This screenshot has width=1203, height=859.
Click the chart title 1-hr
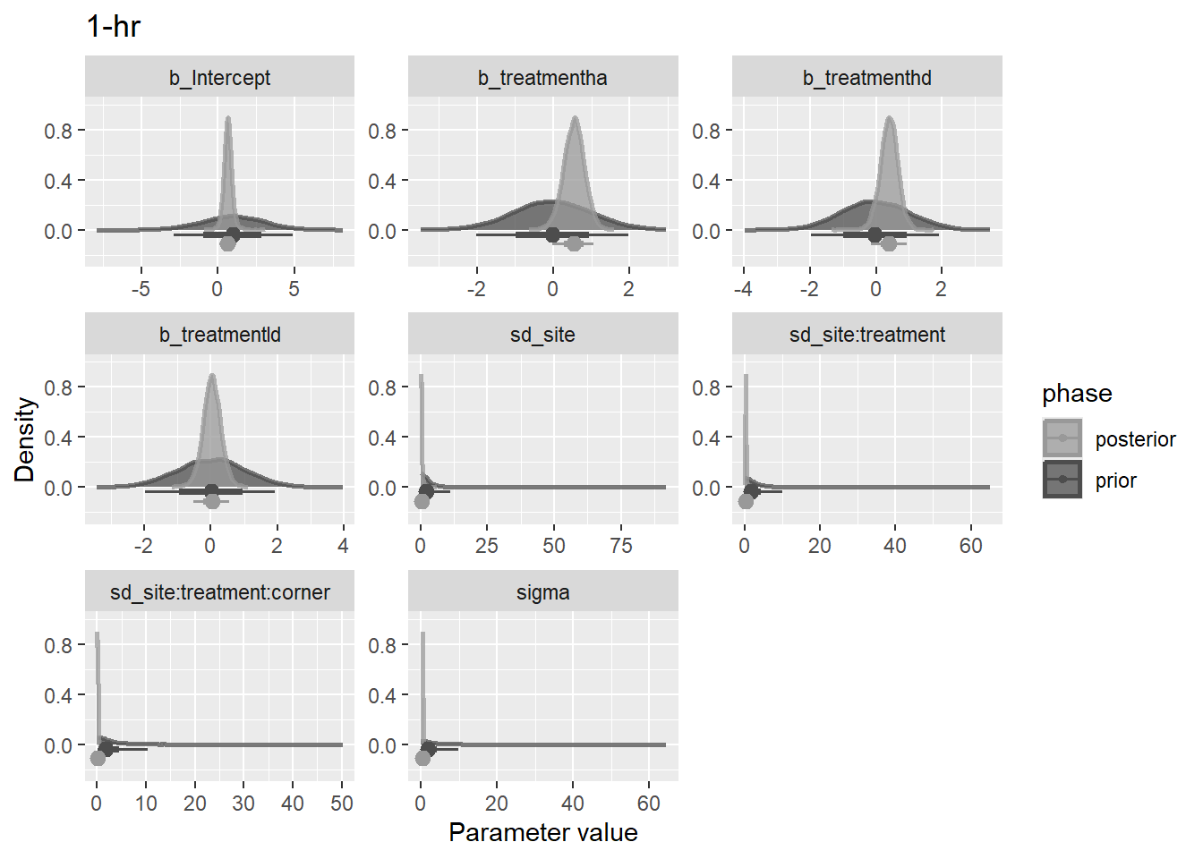(114, 27)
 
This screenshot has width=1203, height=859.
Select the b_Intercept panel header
(219, 78)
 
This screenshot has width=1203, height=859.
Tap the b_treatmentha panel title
(542, 78)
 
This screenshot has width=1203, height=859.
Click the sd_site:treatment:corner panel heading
(219, 592)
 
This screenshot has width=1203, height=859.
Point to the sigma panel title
(542, 592)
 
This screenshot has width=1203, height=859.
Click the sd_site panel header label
(542, 335)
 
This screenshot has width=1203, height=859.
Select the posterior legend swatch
(1062, 438)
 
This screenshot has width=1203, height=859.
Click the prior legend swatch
(1062, 480)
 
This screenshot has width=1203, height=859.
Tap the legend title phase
(1077, 394)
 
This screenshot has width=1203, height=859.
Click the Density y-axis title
(24, 439)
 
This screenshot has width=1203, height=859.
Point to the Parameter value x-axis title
(542, 833)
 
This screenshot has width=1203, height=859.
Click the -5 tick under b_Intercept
(141, 289)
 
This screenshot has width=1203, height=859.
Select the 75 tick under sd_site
(620, 546)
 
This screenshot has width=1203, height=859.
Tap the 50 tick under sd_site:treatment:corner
(341, 804)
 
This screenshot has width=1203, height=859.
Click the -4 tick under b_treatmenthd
(743, 289)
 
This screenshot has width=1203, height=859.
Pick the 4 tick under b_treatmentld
(343, 546)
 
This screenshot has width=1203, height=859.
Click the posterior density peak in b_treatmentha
(574, 118)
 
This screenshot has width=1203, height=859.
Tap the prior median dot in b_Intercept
(233, 234)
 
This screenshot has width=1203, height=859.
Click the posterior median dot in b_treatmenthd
(888, 242)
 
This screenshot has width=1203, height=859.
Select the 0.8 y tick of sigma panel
(382, 645)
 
